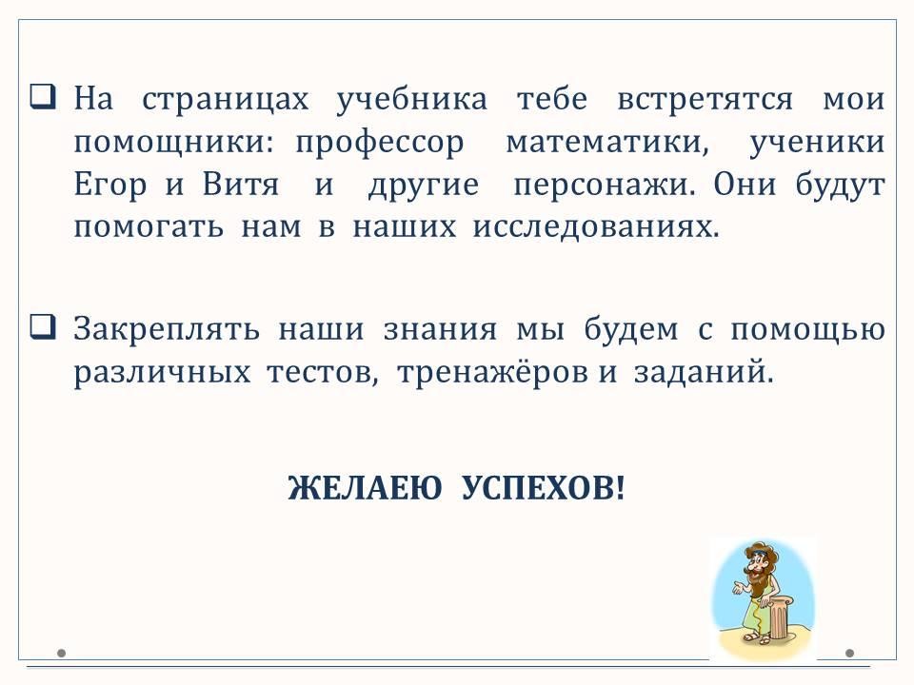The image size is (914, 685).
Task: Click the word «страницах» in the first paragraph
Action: click(225, 100)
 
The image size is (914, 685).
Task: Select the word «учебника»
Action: click(411, 100)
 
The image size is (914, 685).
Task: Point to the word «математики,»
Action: click(607, 142)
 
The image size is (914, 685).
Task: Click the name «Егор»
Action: click(109, 186)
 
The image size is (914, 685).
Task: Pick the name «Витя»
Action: click(241, 185)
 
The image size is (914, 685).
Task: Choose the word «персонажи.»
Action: click(605, 186)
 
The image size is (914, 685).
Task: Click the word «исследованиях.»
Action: click(596, 227)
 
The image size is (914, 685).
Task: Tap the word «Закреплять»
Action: click(167, 330)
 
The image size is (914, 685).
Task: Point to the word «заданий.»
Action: click(704, 372)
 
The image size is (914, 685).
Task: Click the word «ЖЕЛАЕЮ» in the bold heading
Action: click(365, 487)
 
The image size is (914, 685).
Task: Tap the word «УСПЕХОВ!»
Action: click(543, 487)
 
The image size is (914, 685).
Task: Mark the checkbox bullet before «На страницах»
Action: click(43, 96)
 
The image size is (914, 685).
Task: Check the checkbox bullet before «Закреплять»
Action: click(43, 326)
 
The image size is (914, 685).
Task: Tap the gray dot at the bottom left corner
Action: click(62, 653)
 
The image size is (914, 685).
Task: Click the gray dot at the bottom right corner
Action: click(850, 653)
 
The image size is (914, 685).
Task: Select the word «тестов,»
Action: click(323, 373)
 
